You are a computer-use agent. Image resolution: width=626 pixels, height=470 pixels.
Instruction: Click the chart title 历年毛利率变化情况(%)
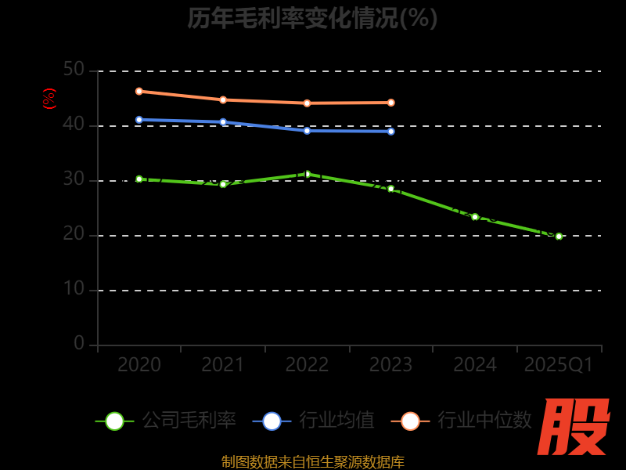312,18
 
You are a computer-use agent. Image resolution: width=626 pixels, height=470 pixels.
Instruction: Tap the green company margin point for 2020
139,179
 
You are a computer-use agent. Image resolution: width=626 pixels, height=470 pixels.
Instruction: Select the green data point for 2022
307,174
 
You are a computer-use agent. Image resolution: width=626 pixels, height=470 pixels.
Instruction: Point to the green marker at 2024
475,217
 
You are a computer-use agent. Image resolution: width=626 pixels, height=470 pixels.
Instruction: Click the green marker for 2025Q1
559,236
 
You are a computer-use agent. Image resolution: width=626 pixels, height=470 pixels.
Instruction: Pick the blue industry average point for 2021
223,122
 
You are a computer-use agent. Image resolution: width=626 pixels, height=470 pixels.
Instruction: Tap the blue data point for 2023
391,132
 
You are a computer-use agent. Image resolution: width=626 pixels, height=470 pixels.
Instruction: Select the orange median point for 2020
139,91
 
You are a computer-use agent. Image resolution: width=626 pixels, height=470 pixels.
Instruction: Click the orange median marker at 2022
307,103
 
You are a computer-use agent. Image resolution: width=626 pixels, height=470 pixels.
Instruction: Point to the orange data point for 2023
391,103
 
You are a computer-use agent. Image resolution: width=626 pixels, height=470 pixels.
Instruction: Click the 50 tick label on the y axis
74,70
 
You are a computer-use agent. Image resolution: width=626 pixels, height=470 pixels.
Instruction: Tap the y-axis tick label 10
74,289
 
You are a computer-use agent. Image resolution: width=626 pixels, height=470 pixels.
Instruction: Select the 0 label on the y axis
79,343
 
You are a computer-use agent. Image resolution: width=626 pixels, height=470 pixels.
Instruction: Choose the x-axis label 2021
223,365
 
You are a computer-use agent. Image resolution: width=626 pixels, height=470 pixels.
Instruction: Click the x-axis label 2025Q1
559,365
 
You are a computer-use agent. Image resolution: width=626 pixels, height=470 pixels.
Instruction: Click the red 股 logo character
575,427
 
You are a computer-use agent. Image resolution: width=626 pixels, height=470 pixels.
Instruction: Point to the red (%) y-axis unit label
49,99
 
